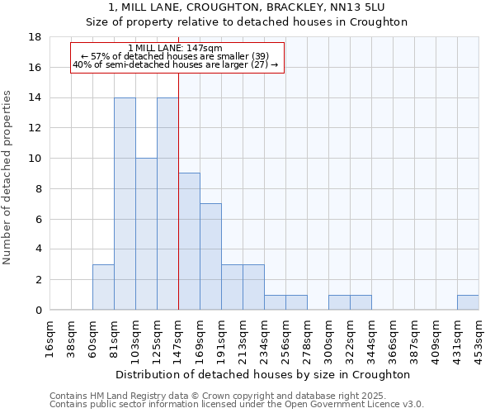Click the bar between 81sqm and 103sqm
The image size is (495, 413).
coord(125,204)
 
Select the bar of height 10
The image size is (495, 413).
coord(146,234)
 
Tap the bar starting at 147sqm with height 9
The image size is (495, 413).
coord(189,241)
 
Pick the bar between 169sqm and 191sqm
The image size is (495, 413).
coord(210,256)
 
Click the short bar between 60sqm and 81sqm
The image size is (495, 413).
coord(103,287)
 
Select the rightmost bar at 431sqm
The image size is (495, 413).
coord(468,302)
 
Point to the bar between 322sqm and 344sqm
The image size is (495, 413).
coord(361,302)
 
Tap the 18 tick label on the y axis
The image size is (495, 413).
coord(35,37)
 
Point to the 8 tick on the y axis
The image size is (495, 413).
coord(38,188)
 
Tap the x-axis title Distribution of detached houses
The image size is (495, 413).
coord(264,374)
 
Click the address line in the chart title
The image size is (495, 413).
coord(247,7)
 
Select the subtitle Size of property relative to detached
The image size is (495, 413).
coord(247,22)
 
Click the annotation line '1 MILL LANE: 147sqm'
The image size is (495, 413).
coord(176,49)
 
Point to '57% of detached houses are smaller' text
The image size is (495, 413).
coord(176,56)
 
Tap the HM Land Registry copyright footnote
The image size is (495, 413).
coord(236,396)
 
